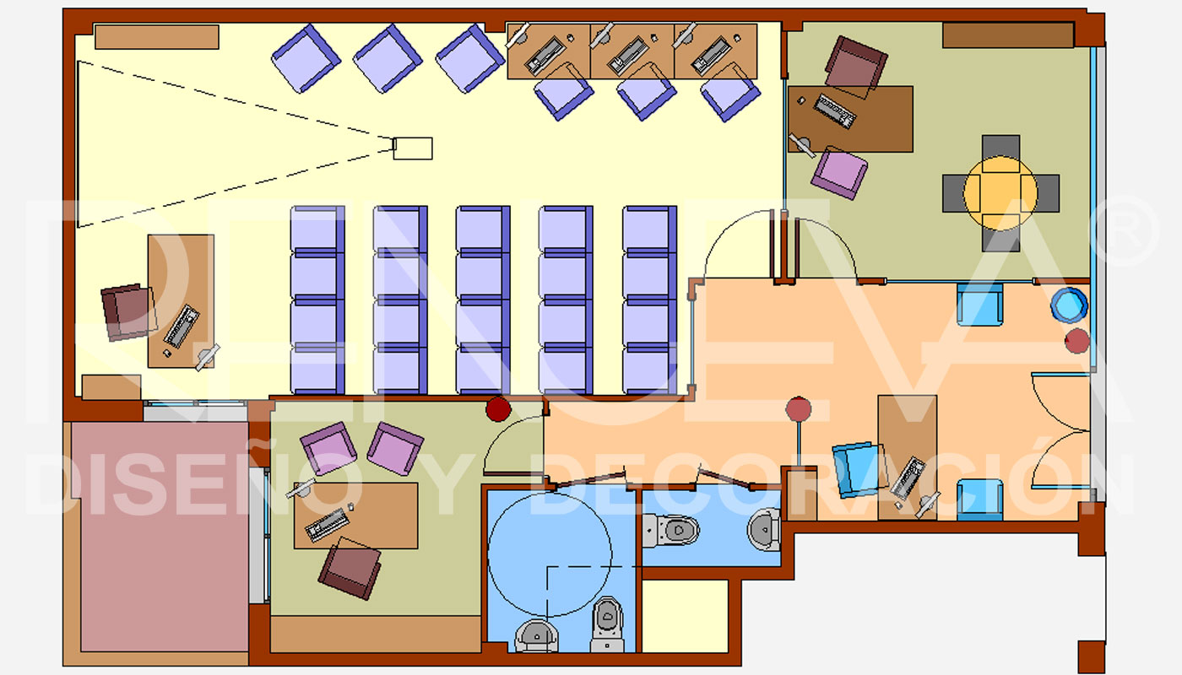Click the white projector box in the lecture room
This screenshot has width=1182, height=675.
(413, 148)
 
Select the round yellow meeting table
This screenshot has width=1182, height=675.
(1000, 193)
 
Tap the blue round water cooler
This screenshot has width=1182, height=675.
(1069, 305)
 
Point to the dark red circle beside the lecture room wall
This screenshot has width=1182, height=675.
(498, 409)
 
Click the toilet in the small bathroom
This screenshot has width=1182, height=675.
(671, 530)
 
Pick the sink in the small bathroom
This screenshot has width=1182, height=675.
(764, 529)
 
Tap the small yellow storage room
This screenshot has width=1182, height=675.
(685, 616)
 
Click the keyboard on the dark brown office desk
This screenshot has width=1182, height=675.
(834, 111)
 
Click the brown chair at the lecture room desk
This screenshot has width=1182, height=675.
(128, 311)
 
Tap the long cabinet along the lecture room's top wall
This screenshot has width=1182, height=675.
(157, 37)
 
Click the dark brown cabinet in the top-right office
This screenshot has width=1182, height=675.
(1008, 35)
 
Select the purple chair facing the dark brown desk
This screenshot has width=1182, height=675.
(839, 173)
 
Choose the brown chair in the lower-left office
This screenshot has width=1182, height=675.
(350, 569)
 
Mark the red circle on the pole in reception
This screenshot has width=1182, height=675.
(799, 409)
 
